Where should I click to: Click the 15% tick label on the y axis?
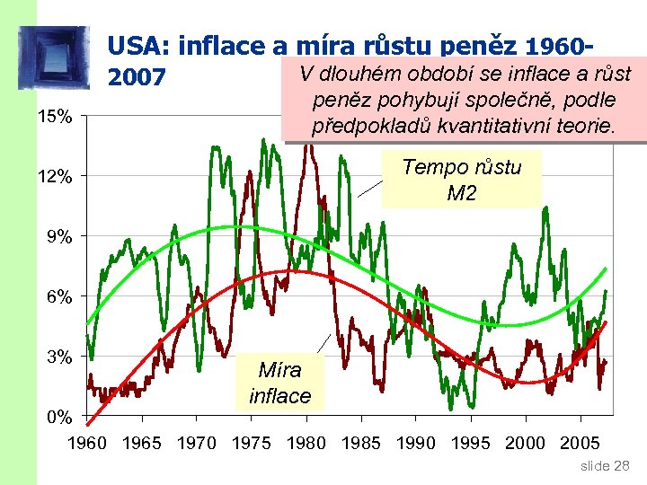click(55, 116)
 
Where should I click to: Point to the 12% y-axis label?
click(55, 176)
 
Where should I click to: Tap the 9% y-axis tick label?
click(58, 236)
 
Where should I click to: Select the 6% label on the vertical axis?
click(58, 296)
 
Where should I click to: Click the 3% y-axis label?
click(58, 357)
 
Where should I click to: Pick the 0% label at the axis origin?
click(58, 417)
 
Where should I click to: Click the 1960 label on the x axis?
click(87, 442)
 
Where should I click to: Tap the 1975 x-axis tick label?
click(252, 442)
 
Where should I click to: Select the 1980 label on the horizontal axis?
click(306, 442)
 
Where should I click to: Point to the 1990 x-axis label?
click(416, 442)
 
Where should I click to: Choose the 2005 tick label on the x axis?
click(580, 442)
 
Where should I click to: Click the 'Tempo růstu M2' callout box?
click(462, 180)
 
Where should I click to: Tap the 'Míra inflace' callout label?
click(279, 383)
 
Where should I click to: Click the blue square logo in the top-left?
click(54, 57)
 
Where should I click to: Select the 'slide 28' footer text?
click(606, 466)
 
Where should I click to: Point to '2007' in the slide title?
click(136, 78)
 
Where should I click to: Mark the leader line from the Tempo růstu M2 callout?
click(371, 186)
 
